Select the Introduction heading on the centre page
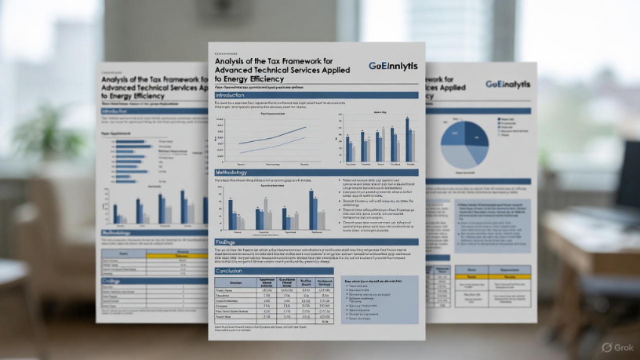(x=236, y=95)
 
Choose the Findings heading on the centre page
(x=227, y=242)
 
